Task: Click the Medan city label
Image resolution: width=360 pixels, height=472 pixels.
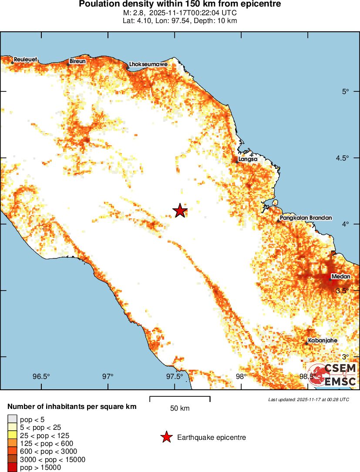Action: point(340,276)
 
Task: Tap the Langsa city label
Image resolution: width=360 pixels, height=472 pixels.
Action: point(248,159)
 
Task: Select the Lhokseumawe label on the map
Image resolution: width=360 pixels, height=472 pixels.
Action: point(148,64)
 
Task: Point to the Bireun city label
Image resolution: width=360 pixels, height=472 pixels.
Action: point(77,61)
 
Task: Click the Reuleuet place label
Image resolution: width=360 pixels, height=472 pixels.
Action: point(26,59)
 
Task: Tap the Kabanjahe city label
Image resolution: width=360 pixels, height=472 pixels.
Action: point(323,340)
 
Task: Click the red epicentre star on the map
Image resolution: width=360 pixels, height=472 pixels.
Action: point(180,211)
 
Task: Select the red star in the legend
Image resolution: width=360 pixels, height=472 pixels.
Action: point(166,437)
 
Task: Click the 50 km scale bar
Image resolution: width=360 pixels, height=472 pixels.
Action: point(180,398)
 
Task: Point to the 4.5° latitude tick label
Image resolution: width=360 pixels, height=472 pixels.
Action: point(345,158)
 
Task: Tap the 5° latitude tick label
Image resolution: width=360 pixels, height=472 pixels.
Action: point(345,91)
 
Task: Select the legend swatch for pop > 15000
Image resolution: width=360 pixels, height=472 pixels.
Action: point(12,468)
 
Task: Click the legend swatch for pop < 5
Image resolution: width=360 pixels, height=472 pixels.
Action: point(12,419)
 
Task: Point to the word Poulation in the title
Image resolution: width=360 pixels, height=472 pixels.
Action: point(99,4)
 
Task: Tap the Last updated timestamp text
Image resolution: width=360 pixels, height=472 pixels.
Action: point(309,399)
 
